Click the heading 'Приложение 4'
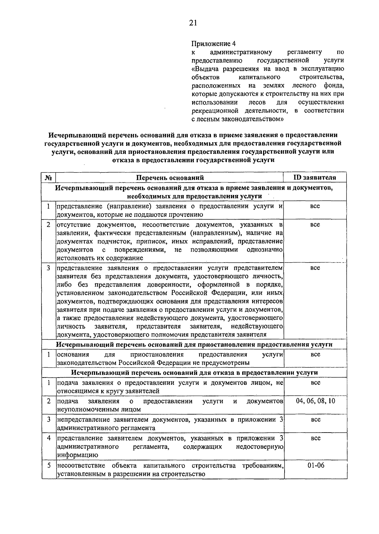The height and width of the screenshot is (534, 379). click(214, 43)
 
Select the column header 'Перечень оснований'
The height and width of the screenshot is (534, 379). click(170, 178)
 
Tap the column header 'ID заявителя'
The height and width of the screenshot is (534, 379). click(315, 177)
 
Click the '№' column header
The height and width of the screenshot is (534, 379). click(49, 178)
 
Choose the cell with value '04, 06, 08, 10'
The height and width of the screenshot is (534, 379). click(316, 401)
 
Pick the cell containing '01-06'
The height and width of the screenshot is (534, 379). click(316, 465)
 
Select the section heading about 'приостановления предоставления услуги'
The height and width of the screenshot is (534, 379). click(194, 344)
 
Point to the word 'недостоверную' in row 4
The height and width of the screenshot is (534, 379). click(259, 447)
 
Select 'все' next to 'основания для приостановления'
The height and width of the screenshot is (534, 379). click(315, 354)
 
